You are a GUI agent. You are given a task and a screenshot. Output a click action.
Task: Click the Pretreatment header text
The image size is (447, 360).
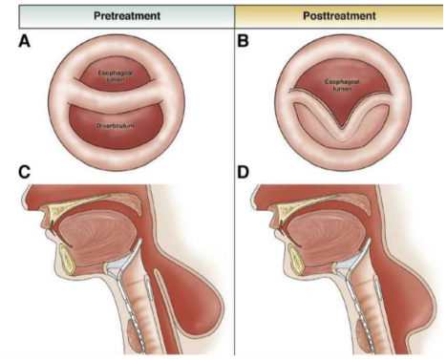click(127, 16)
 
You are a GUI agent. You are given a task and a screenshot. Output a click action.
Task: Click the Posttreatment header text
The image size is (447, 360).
click(339, 16)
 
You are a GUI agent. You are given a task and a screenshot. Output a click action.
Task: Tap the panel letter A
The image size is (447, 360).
click(25, 41)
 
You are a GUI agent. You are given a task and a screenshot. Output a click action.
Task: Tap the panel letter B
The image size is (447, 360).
click(243, 41)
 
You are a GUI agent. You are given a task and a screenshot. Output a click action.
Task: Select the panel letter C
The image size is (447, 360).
click(25, 172)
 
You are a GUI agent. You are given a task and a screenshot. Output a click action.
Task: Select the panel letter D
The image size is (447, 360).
click(244, 172)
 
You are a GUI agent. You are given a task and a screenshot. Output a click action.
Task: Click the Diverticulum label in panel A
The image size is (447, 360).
click(116, 126)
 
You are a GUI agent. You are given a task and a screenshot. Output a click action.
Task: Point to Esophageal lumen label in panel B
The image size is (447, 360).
click(342, 85)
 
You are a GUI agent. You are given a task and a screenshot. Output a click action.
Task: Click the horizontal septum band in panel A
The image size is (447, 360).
click(117, 95)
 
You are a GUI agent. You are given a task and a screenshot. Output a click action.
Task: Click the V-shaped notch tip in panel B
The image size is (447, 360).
click(342, 128)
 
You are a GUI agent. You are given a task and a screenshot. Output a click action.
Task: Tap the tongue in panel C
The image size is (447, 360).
click(98, 237)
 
